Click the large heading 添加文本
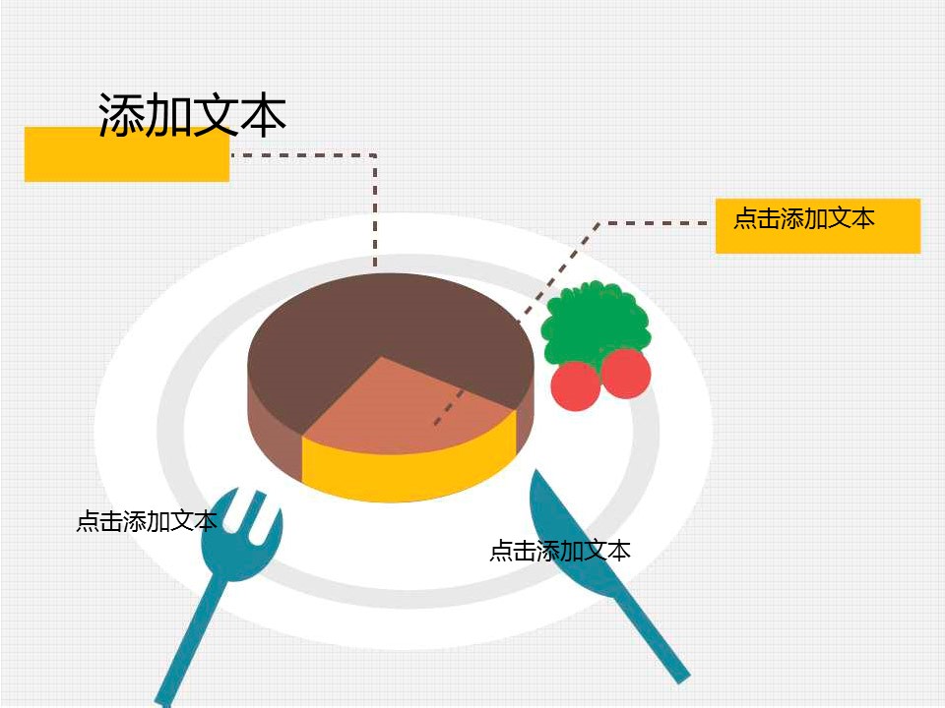click(x=192, y=114)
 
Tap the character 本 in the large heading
click(x=263, y=114)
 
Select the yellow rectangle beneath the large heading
click(x=127, y=154)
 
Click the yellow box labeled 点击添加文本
click(x=818, y=226)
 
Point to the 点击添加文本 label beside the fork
click(x=147, y=521)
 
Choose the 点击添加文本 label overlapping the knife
click(x=560, y=551)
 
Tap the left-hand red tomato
click(x=576, y=385)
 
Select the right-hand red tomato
click(x=626, y=374)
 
